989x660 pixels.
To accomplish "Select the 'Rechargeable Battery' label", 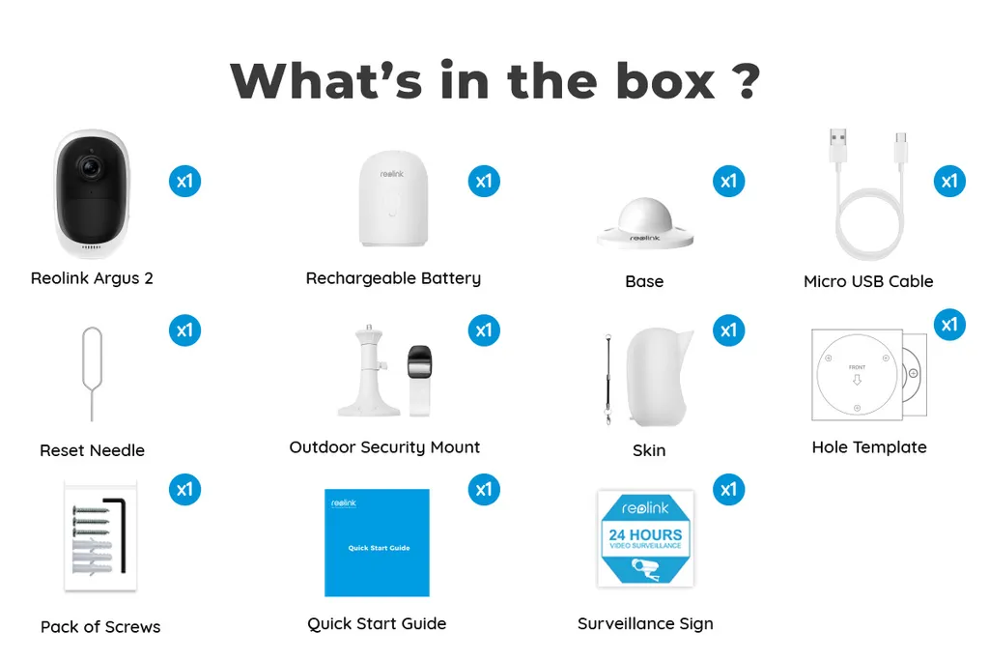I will click(x=393, y=278).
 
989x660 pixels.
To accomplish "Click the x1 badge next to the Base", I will click(x=728, y=181).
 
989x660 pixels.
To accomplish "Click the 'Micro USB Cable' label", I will click(x=868, y=281).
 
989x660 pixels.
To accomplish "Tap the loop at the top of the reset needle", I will click(x=92, y=339).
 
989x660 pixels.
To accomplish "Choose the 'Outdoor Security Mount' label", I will click(x=384, y=447).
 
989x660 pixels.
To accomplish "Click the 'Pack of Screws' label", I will click(x=100, y=627).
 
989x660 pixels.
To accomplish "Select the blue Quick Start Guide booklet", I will click(x=378, y=542).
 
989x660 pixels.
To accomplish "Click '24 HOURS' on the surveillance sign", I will click(x=645, y=533).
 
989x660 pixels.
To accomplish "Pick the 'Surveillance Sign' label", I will click(x=645, y=623).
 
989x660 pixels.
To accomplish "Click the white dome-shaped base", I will click(x=644, y=220).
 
